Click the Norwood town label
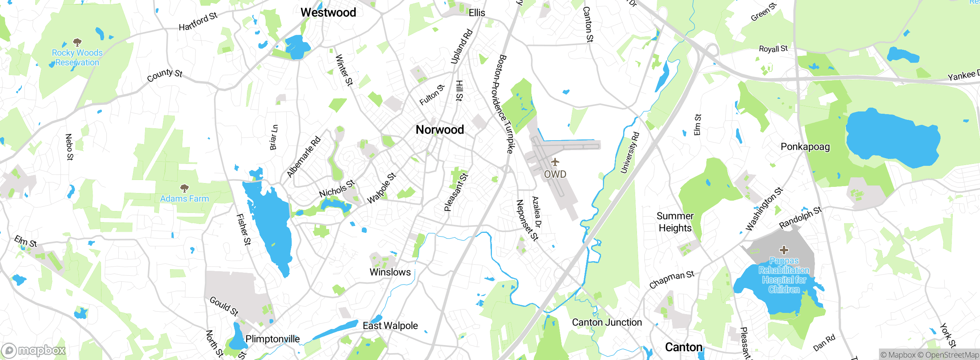click(439, 130)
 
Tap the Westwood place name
click(328, 13)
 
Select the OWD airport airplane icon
click(555, 162)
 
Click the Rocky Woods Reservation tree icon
click(77, 42)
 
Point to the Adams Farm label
click(185, 199)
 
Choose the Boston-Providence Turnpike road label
click(505, 104)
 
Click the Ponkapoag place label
click(805, 147)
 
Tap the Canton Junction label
click(607, 322)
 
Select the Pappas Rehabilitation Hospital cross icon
click(784, 250)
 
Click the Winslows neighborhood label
click(390, 272)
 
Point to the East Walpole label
click(390, 326)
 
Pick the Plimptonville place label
click(272, 339)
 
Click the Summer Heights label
click(675, 222)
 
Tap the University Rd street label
click(630, 153)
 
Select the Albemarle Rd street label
click(304, 157)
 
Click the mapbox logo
click(34, 350)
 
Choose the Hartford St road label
click(198, 21)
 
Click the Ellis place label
click(477, 13)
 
